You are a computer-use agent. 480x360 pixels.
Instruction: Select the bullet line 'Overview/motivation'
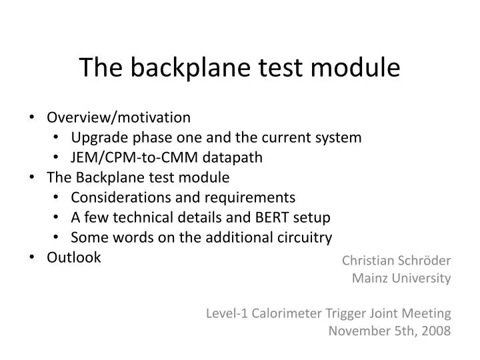point(118,117)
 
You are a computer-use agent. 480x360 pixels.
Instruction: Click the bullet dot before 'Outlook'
point(33,257)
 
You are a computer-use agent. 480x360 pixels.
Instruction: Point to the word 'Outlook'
point(73,257)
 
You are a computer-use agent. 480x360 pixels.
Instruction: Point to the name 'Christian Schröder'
point(396,261)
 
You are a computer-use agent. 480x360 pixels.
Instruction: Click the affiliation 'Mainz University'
point(401,278)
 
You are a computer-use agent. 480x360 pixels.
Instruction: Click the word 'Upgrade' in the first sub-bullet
point(96,137)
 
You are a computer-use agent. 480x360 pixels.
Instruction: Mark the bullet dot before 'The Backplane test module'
point(33,177)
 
